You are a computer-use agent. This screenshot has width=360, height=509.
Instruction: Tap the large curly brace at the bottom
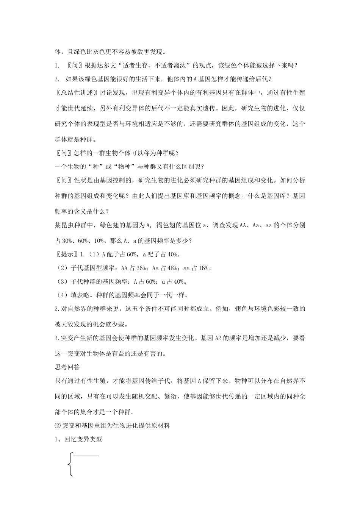70,464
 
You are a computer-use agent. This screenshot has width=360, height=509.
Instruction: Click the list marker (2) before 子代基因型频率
61,268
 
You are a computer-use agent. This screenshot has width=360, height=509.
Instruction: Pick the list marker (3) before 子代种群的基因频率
61,281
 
